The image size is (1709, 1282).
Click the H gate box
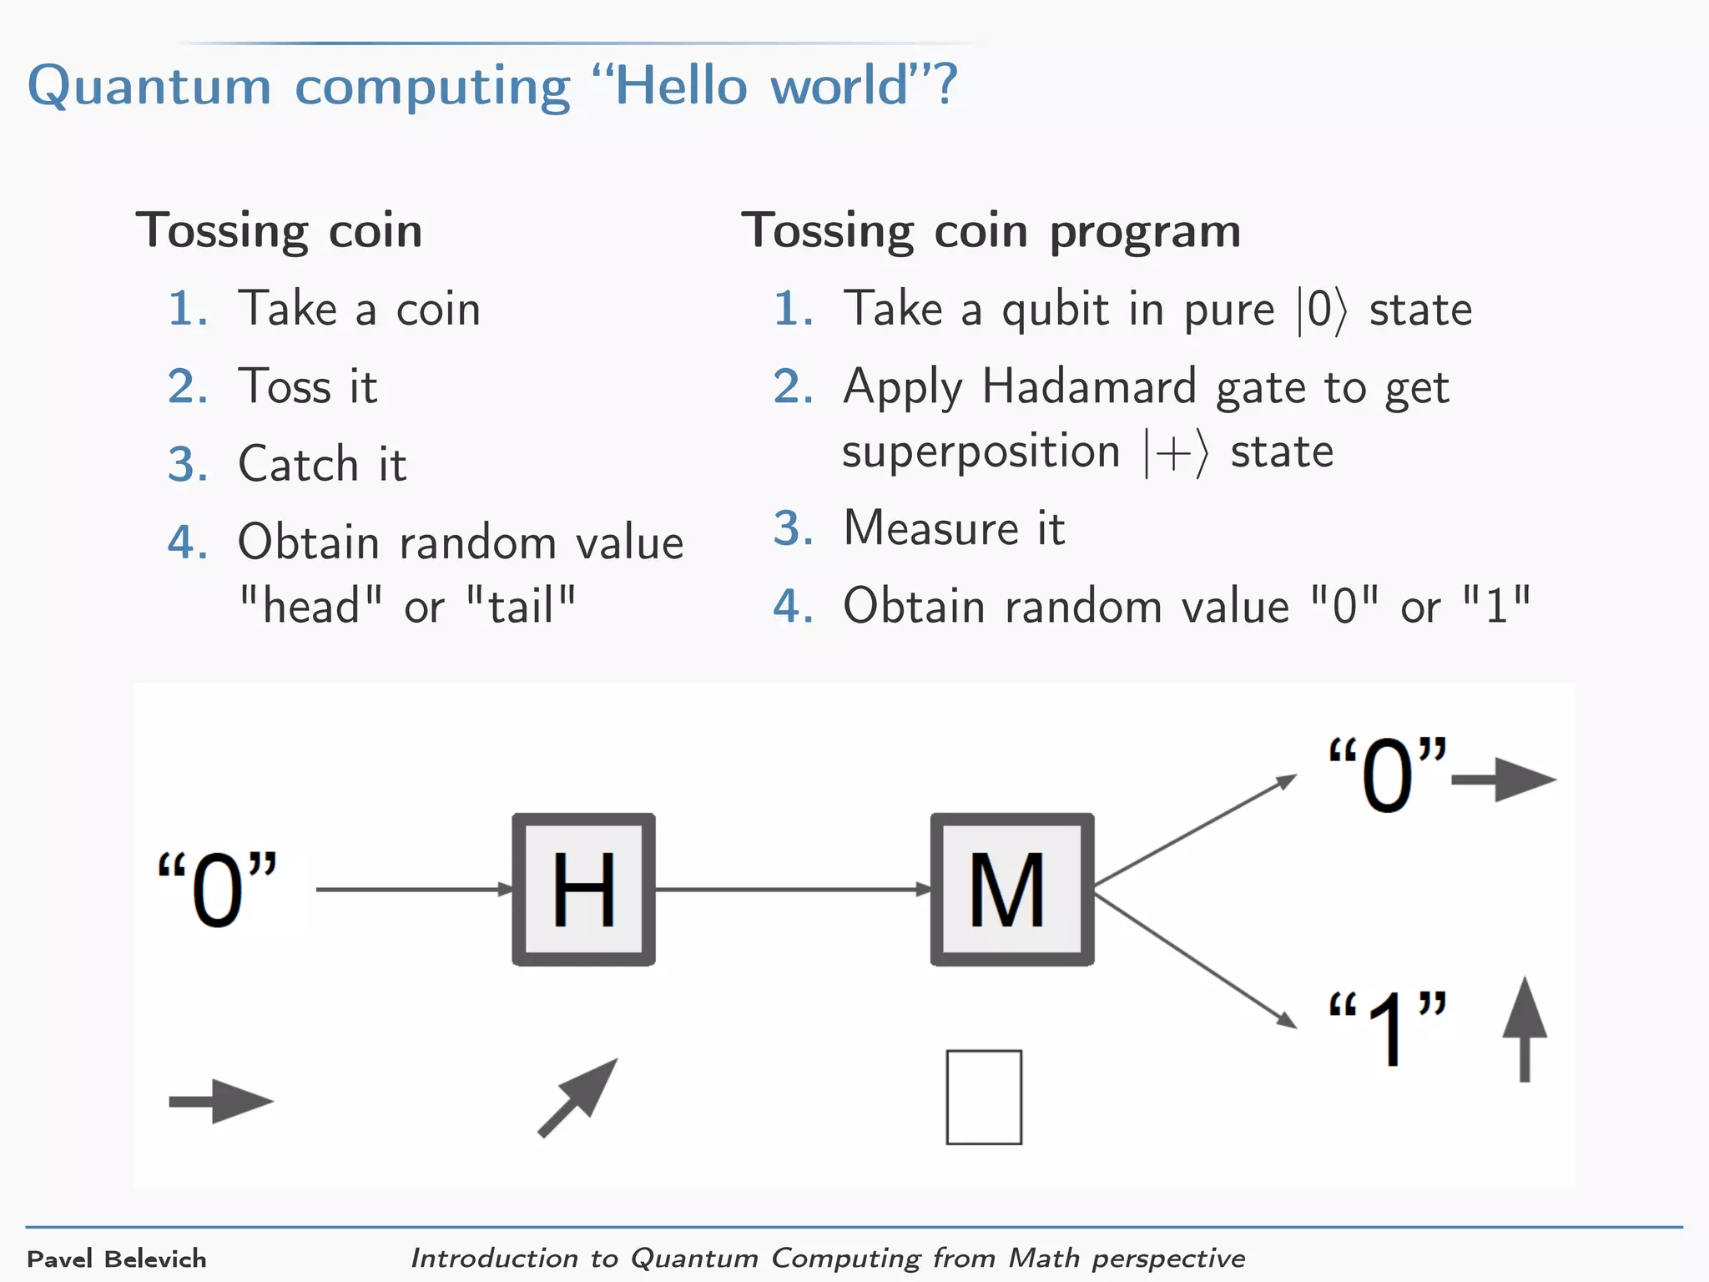[583, 889]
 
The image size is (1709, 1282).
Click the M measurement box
[1011, 889]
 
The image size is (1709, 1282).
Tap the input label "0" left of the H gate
[218, 890]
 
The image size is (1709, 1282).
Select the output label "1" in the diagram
[1388, 1027]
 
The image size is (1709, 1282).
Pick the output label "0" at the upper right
[1387, 775]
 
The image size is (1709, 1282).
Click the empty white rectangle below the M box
[984, 1097]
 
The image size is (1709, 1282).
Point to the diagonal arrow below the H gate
[578, 1097]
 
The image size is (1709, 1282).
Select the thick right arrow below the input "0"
[221, 1102]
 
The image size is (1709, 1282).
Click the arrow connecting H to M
[793, 889]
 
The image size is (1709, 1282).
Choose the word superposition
[981, 453]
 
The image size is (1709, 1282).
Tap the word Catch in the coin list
[298, 464]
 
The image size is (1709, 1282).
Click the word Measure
[930, 528]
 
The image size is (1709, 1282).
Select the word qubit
[1055, 310]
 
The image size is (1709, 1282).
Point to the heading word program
[1145, 232]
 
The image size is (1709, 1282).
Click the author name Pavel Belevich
[117, 1259]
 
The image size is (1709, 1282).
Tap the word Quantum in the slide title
[150, 87]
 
